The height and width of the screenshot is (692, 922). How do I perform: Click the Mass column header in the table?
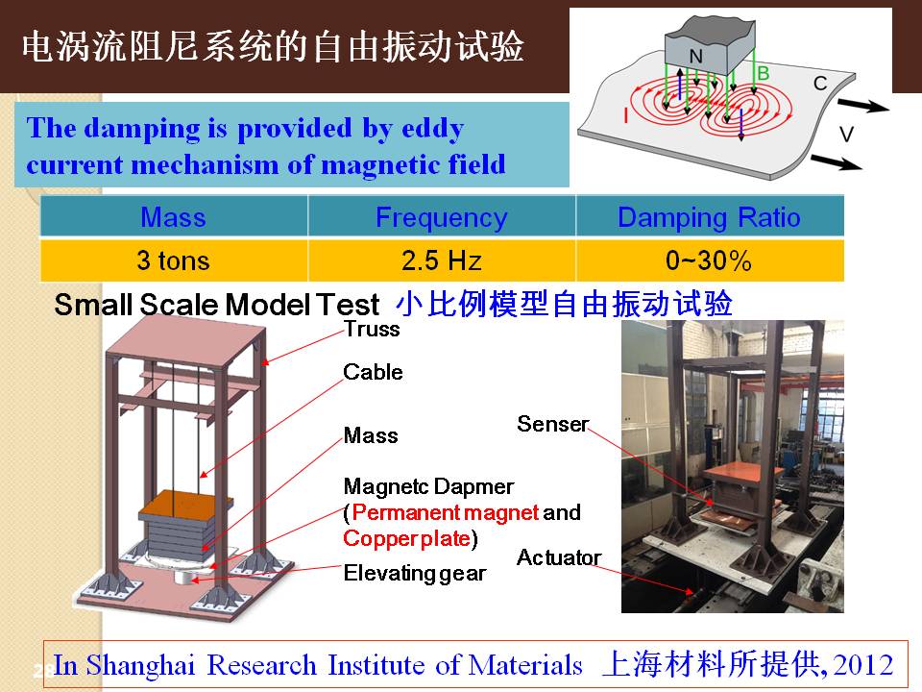click(x=174, y=216)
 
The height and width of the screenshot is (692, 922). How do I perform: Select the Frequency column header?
click(x=442, y=216)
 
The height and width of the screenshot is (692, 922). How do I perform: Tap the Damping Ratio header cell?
click(x=710, y=216)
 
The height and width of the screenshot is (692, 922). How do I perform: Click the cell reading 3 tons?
click(x=174, y=260)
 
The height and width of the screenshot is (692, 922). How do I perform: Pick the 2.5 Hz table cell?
click(x=442, y=260)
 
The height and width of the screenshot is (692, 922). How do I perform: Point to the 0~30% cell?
click(x=710, y=260)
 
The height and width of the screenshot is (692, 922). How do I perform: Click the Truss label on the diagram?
click(x=372, y=329)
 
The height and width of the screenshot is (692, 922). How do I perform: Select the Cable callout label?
click(x=373, y=372)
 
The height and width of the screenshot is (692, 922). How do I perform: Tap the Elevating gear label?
click(x=415, y=573)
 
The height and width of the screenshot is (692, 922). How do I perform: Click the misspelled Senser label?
click(x=553, y=424)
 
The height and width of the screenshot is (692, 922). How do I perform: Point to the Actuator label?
click(x=559, y=557)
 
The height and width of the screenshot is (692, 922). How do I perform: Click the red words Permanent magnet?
click(x=445, y=512)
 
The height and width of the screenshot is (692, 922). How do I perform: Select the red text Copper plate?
click(x=406, y=538)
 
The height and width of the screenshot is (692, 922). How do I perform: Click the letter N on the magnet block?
click(x=695, y=57)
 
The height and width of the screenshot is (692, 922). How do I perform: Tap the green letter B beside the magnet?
click(x=764, y=74)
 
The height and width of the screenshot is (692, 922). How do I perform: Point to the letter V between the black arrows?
click(x=846, y=135)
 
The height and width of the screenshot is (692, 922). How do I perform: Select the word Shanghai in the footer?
click(x=140, y=665)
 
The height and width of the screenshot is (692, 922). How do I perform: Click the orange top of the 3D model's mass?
click(x=185, y=502)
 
